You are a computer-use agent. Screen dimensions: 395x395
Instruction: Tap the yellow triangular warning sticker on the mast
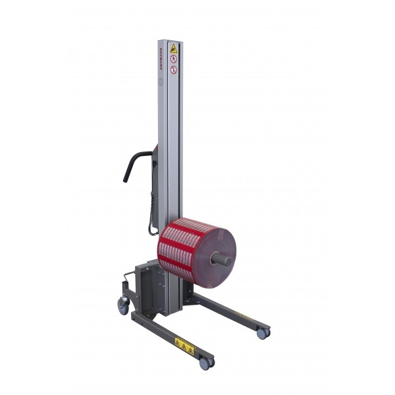pyautogui.click(x=174, y=48)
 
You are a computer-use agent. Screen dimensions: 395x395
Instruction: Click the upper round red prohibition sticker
pyautogui.click(x=174, y=59)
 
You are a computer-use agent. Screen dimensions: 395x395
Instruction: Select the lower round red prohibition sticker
pyautogui.click(x=174, y=69)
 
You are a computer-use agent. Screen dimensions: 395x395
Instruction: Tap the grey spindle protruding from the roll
pyautogui.click(x=223, y=258)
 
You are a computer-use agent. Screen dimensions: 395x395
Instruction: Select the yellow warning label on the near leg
pyautogui.click(x=185, y=344)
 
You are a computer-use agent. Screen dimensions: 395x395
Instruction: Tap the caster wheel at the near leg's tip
pyautogui.click(x=205, y=363)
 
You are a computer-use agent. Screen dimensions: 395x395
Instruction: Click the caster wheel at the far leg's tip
pyautogui.click(x=262, y=333)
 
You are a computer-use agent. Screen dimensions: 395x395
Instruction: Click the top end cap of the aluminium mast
pyautogui.click(x=170, y=41)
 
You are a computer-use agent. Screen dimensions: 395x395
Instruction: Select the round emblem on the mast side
pyautogui.click(x=161, y=82)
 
